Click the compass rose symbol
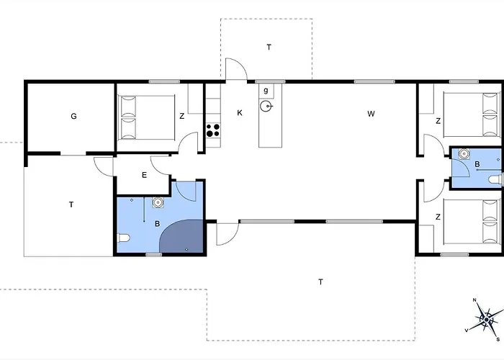coord(486,320)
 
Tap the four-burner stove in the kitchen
coord(213,130)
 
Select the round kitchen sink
coord(266,106)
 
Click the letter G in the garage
coord(73,116)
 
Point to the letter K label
coord(240,113)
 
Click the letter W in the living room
coord(371,114)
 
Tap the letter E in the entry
coord(144,175)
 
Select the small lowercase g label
coord(266,90)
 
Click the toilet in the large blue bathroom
coord(124,238)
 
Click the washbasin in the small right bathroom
coord(464,153)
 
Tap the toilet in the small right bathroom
coord(495,179)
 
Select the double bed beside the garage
coord(147,117)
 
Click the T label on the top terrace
coord(269,48)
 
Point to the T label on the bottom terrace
coord(320,282)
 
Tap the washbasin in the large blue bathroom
coord(158,202)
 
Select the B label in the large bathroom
coord(157,224)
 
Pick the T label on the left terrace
coord(71,204)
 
